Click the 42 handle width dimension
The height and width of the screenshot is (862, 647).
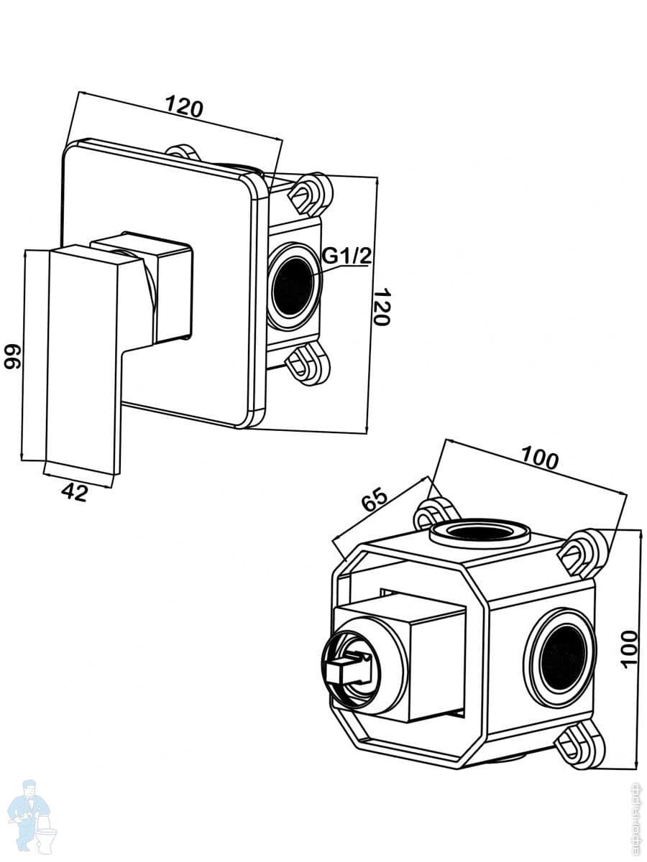tap(75, 492)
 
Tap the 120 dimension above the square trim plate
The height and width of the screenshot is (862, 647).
tap(185, 107)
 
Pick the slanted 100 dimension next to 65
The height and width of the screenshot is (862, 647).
tap(539, 458)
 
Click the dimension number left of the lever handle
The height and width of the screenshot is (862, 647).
tap(12, 355)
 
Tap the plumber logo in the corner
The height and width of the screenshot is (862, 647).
tap(29, 815)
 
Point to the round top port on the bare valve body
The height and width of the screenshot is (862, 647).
tap(479, 533)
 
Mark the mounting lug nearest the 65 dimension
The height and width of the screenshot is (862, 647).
tap(435, 513)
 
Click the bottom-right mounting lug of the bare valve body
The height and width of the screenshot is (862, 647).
tap(579, 744)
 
